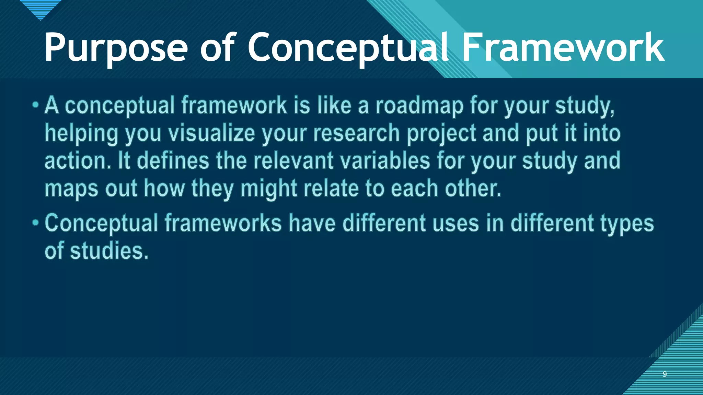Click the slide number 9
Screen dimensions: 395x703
665,374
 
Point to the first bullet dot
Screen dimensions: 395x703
36,105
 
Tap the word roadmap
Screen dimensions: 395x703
419,106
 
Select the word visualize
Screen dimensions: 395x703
211,133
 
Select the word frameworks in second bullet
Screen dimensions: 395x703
223,224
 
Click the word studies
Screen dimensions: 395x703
109,251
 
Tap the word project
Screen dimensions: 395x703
441,134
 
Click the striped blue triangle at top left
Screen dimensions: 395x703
40,9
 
